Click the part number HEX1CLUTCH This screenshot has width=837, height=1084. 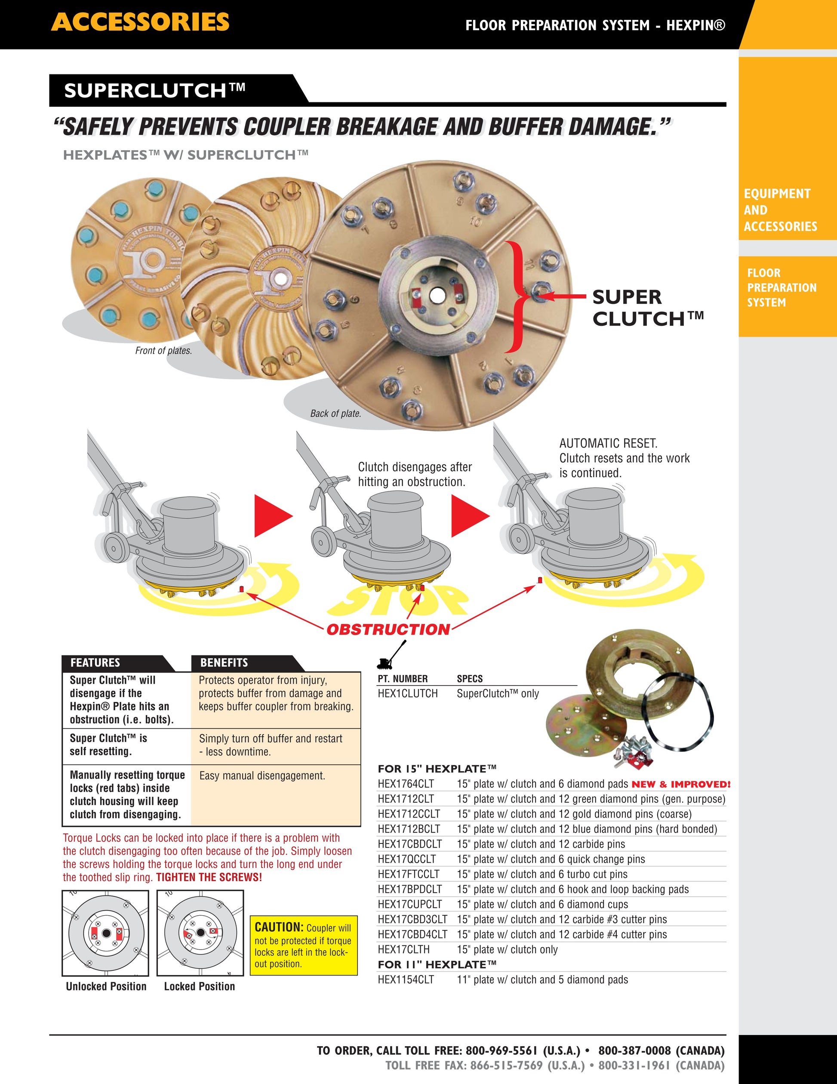pos(407,693)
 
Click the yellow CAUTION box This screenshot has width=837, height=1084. pos(304,945)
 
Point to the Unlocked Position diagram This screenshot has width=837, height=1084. pos(105,933)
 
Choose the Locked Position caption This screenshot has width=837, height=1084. pos(200,986)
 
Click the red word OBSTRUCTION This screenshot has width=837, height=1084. pos(388,629)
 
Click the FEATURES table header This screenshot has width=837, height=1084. pos(95,663)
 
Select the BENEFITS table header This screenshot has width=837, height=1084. pos(224,663)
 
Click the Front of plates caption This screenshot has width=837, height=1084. pos(163,350)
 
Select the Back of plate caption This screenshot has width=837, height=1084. pos(335,414)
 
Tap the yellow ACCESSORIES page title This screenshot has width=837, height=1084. pos(140,22)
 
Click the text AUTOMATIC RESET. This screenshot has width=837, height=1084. pos(608,443)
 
